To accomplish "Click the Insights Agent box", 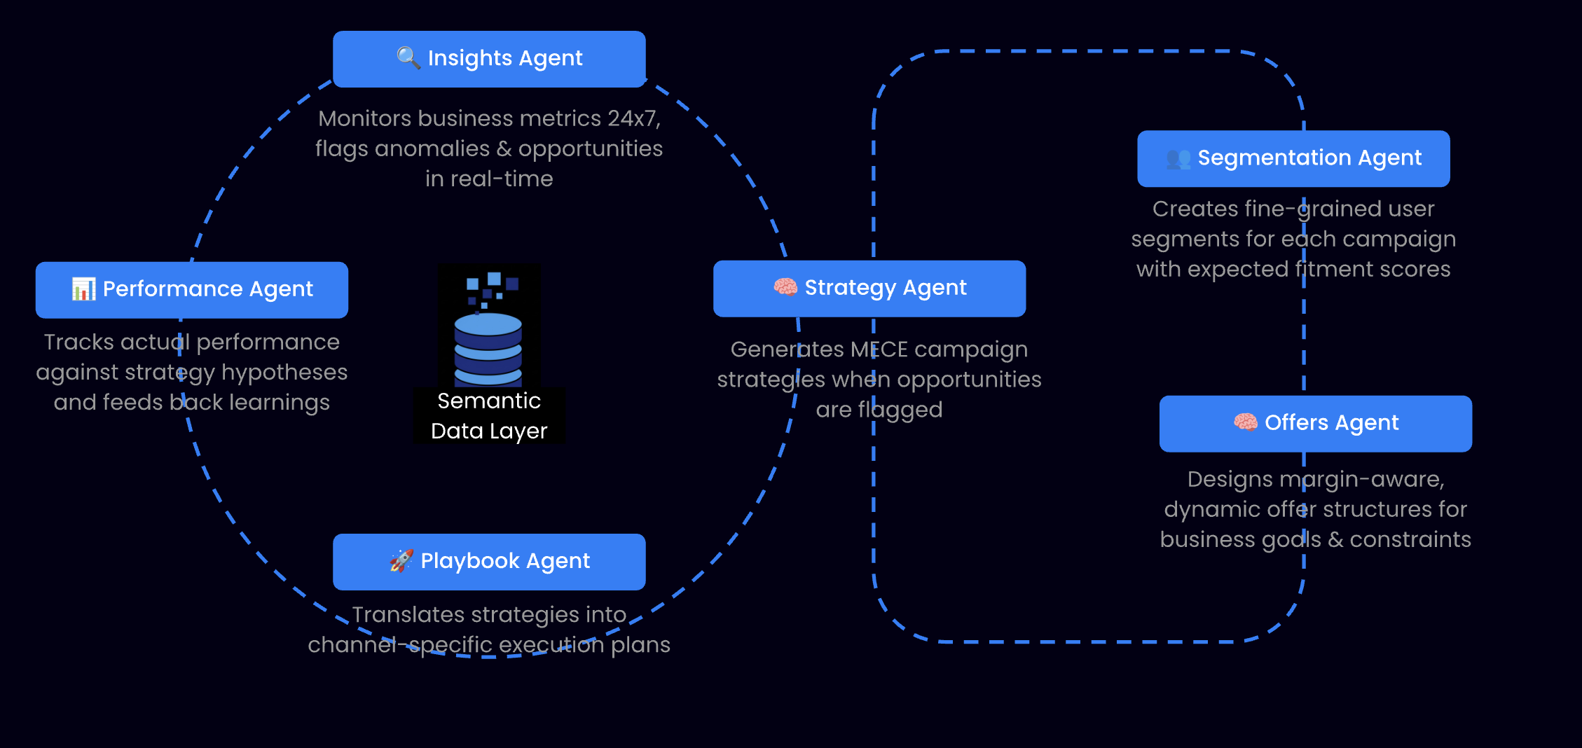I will [488, 59].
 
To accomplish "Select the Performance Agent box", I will [191, 290].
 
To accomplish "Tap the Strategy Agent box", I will [869, 289].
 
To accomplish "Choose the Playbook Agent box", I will [488, 562].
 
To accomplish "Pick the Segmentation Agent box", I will [1293, 158].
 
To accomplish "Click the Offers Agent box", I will [1315, 424].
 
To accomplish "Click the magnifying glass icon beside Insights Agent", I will [408, 57].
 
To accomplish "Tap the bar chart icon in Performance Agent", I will [83, 289].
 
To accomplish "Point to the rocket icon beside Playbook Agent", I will [401, 560].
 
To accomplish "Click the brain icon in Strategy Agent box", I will [785, 287].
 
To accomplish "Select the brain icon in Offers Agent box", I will [1245, 422].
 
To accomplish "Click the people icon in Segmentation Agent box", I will [1178, 159].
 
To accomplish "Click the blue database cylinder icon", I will [488, 348].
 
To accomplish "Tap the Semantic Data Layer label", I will [488, 415].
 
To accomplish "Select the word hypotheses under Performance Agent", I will [284, 373].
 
